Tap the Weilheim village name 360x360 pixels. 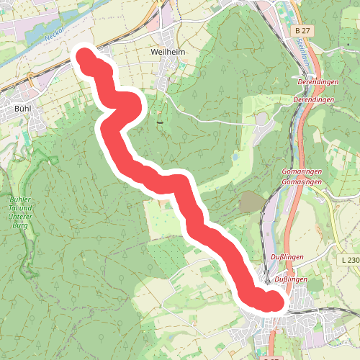tap(169, 53)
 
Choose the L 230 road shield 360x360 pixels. tap(350, 259)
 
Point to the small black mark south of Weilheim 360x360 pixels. tap(159, 122)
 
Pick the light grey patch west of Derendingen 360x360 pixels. tap(261, 117)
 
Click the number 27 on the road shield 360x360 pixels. tap(306, 31)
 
